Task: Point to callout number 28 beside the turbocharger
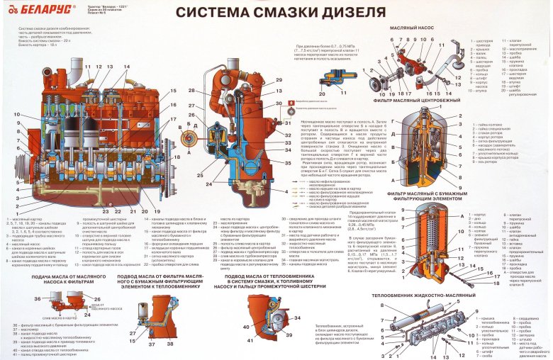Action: click(x=192, y=91)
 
